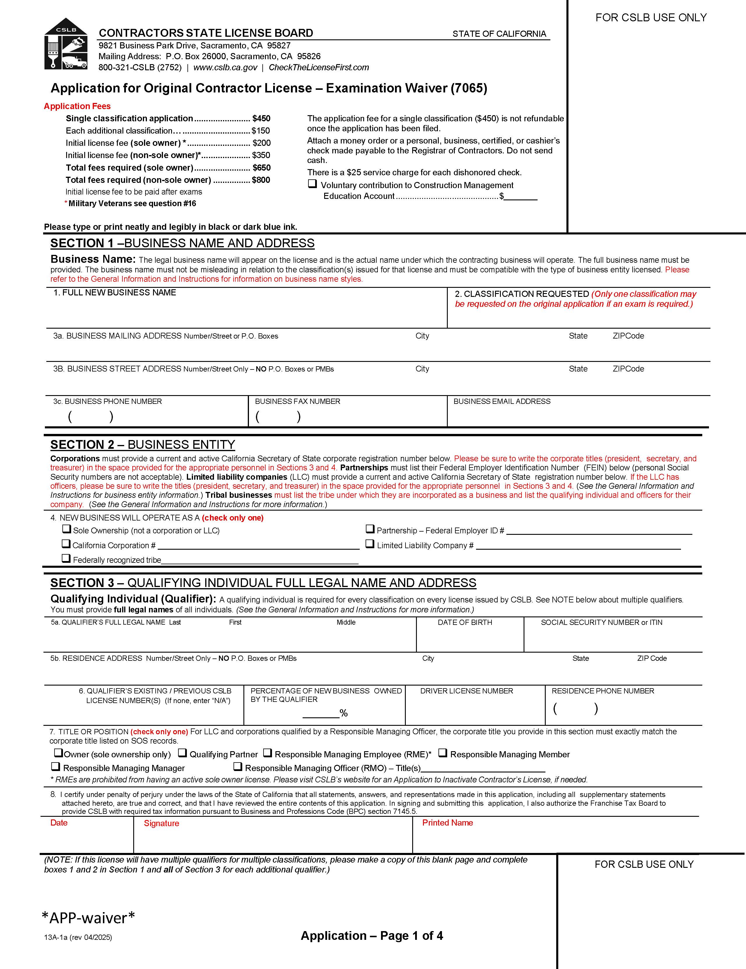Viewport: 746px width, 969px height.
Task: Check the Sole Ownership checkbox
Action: coord(66,529)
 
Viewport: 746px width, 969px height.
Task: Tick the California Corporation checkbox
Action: coord(66,544)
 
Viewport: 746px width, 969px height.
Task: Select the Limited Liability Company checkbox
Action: coord(370,544)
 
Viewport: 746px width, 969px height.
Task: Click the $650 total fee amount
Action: coord(261,168)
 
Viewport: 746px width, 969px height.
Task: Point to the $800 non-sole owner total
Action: coord(261,180)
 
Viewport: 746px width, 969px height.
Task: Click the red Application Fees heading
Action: coord(77,106)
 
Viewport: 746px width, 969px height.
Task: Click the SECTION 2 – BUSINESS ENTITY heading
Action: coord(142,445)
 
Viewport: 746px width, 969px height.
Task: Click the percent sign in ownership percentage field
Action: coord(343,713)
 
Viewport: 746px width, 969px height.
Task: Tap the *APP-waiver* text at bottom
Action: coord(88,918)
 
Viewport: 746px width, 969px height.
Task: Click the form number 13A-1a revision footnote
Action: coord(78,938)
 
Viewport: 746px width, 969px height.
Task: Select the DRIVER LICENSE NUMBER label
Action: coord(467,691)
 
